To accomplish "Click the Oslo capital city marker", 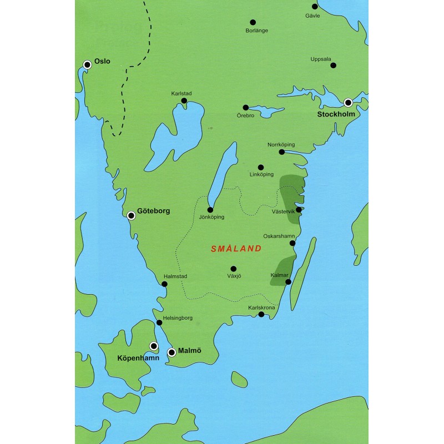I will pos(87,65).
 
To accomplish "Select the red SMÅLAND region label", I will pos(236,249).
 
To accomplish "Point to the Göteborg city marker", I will pos(132,216).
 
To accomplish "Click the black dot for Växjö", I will pos(234,269).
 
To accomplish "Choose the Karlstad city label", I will pos(181,93).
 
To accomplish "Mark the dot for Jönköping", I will pos(210,210).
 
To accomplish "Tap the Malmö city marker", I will pos(172,352).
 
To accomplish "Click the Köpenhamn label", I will pos(138,359).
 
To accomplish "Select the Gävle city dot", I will pos(315,7).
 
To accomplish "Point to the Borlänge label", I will pos(256,31).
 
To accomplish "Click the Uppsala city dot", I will pos(334,65).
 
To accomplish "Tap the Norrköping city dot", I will pos(282,152).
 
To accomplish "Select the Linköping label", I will pos(262,175).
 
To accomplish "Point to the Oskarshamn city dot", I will pos(292,243).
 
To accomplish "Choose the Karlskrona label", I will pos(261,307).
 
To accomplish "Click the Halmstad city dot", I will pos(164,284).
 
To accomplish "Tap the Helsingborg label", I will pos(178,317).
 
